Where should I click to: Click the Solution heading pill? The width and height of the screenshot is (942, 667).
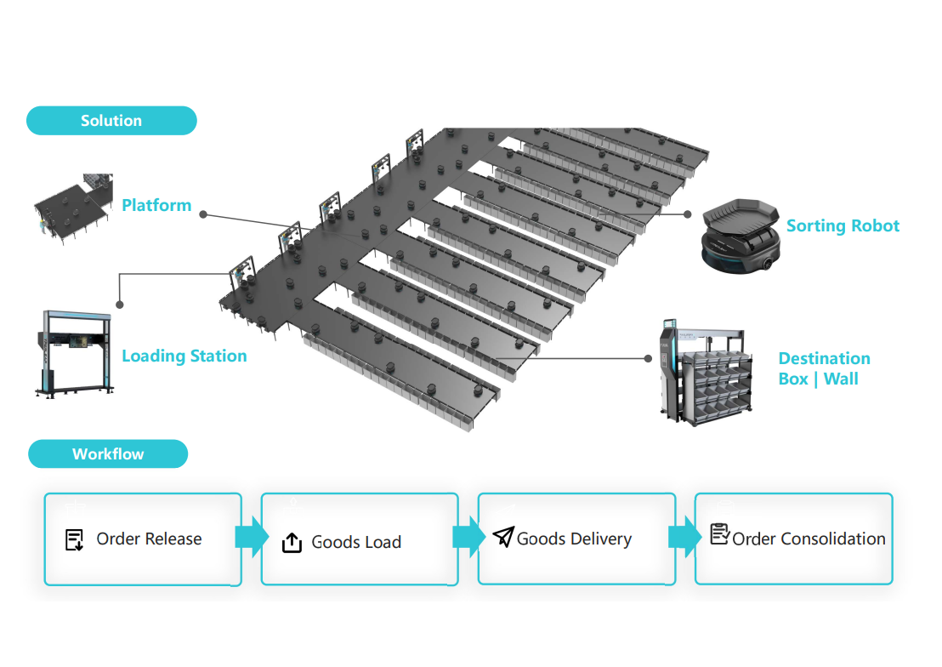click(x=111, y=121)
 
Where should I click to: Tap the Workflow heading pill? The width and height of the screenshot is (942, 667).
click(x=108, y=454)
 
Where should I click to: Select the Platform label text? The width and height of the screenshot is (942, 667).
click(x=156, y=205)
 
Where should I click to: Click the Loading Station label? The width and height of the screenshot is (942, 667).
click(x=184, y=356)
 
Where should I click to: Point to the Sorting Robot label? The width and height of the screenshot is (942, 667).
click(x=843, y=225)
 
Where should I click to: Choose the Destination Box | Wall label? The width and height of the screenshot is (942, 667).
click(x=824, y=368)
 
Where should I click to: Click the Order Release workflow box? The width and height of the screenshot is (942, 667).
click(x=143, y=539)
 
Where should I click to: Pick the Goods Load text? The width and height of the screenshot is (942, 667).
click(x=356, y=543)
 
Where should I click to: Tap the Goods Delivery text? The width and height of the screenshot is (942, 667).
click(x=574, y=539)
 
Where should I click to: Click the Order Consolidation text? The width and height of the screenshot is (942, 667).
click(x=809, y=539)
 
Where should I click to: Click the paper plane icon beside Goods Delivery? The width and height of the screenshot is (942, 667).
click(x=503, y=537)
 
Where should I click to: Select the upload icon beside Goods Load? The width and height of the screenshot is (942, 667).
click(x=292, y=543)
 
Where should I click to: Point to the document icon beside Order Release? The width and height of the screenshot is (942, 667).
click(x=75, y=539)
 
